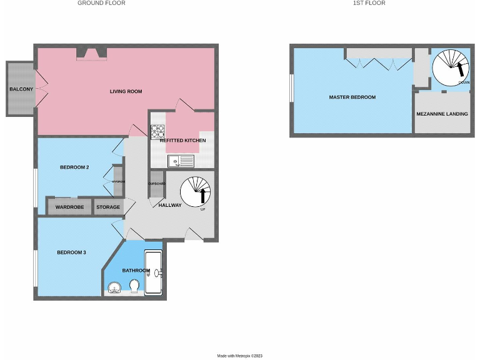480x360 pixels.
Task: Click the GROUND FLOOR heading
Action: [101, 3]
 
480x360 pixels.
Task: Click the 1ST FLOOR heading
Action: [369, 3]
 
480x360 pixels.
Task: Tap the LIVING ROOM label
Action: [126, 91]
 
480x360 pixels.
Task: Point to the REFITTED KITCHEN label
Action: [182, 141]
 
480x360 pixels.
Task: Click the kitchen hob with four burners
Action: [156, 131]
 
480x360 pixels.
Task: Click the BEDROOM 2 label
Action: [74, 167]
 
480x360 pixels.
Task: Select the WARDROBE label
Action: [69, 206]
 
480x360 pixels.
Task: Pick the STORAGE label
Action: [107, 206]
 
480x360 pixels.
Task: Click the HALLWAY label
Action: [170, 205]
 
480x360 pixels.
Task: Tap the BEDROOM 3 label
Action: [71, 252]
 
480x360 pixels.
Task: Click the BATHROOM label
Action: [136, 271]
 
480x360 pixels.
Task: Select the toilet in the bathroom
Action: [134, 286]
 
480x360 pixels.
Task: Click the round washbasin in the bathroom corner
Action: [114, 287]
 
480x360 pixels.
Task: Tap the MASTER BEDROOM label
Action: [352, 97]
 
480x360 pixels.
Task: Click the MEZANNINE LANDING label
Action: [442, 114]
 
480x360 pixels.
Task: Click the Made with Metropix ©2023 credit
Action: [240, 356]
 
